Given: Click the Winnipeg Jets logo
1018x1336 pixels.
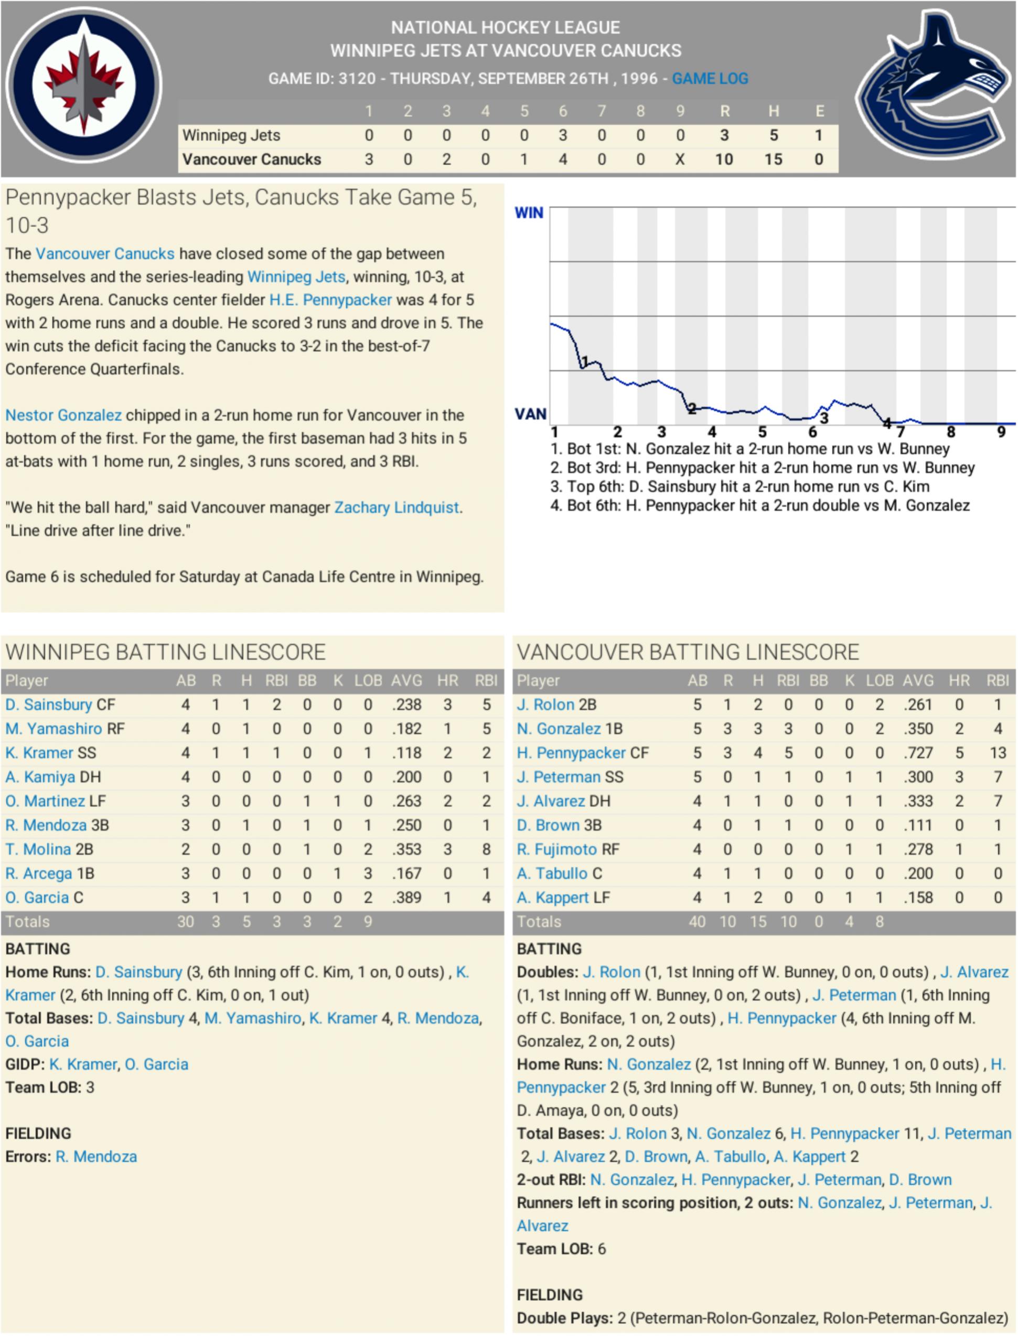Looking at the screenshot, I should tap(83, 84).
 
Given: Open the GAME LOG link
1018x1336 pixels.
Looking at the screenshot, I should tap(710, 79).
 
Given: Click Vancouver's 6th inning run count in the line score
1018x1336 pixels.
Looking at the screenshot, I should tap(562, 159).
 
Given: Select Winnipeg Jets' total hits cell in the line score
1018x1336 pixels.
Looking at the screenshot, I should tap(773, 135).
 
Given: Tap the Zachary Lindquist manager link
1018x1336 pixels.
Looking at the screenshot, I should tap(397, 507).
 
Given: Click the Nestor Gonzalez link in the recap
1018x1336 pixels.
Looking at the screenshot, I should tap(63, 415).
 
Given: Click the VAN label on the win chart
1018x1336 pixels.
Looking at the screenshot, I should tap(530, 414).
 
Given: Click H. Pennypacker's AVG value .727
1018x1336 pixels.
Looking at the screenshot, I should tap(918, 753).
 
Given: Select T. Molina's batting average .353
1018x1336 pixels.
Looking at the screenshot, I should tap(406, 849).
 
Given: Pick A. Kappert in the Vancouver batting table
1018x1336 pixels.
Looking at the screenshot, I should tap(552, 897).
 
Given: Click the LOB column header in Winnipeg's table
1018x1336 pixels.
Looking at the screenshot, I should tap(368, 680).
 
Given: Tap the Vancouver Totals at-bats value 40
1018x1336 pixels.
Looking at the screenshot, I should tap(697, 922).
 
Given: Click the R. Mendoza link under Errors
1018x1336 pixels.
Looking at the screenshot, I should tap(96, 1157).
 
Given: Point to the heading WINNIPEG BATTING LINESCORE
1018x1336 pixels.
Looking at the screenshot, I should tap(165, 652).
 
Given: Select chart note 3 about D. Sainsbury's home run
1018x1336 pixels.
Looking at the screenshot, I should tap(740, 487).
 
